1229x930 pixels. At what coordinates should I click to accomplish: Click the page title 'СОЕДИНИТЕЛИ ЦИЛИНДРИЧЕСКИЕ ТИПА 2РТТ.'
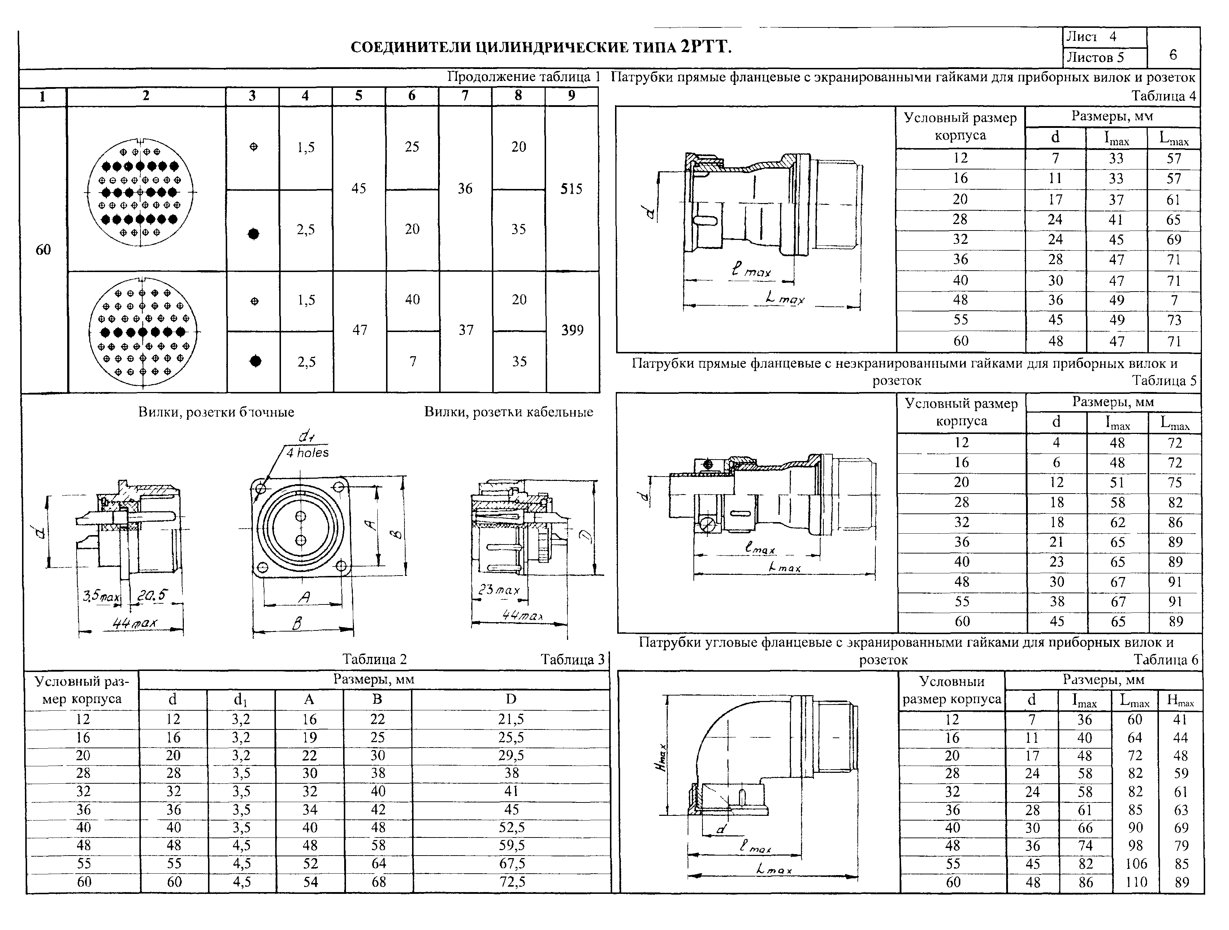(541, 47)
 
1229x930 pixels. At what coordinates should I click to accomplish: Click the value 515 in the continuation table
(571, 189)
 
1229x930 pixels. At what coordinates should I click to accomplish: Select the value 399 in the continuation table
(572, 330)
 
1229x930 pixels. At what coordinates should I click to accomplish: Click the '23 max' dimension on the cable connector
(499, 589)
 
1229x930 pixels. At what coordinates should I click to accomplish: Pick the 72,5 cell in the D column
(512, 882)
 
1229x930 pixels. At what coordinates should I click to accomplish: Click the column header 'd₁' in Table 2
(241, 700)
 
